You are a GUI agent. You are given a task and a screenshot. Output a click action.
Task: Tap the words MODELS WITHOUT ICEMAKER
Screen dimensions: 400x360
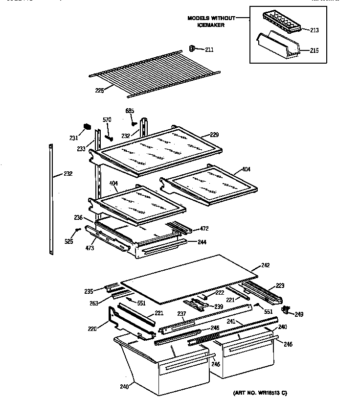211,22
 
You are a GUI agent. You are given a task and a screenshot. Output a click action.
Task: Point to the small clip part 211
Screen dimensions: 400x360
192,48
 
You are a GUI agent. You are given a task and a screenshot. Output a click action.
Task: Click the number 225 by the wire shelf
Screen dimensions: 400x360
100,91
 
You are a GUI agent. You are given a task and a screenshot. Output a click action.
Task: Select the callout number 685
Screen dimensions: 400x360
130,111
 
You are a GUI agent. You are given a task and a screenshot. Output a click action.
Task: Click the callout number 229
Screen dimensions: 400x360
214,135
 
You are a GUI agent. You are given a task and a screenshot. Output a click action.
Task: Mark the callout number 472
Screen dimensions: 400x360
204,229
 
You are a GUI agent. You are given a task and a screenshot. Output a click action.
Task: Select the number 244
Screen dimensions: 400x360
202,242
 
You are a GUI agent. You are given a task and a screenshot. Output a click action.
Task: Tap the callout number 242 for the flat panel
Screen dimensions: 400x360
265,266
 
